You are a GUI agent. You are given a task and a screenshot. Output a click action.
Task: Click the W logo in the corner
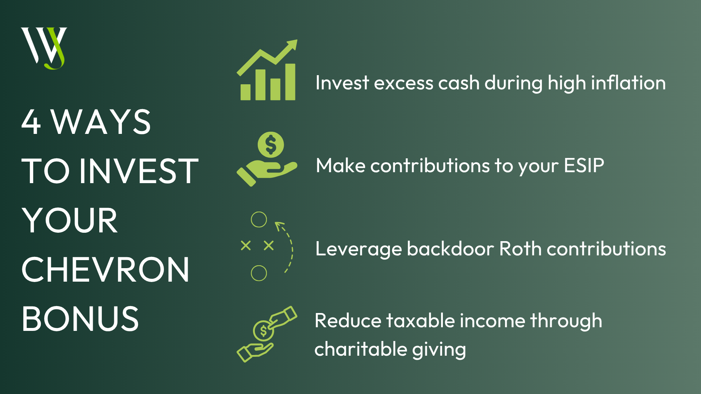[44, 48]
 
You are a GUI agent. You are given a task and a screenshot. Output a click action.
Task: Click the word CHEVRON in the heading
[106, 270]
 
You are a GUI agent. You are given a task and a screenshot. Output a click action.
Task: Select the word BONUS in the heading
[80, 319]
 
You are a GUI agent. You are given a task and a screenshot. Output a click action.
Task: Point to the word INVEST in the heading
[139, 171]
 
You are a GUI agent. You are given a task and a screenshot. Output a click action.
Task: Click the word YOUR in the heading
[70, 220]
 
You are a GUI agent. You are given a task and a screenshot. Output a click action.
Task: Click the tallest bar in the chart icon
[290, 82]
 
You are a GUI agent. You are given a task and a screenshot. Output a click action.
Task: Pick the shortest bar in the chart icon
[245, 92]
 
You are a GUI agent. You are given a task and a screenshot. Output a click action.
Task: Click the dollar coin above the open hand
[271, 144]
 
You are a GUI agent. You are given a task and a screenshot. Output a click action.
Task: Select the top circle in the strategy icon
[259, 220]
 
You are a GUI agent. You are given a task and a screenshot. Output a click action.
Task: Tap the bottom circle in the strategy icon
[259, 273]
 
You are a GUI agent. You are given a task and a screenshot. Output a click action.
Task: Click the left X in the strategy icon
[246, 246]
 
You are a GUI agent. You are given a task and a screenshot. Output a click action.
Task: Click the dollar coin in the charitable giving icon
[263, 331]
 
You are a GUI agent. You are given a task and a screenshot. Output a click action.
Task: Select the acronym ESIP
[584, 166]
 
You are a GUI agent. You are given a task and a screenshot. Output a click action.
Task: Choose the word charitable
[361, 349]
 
